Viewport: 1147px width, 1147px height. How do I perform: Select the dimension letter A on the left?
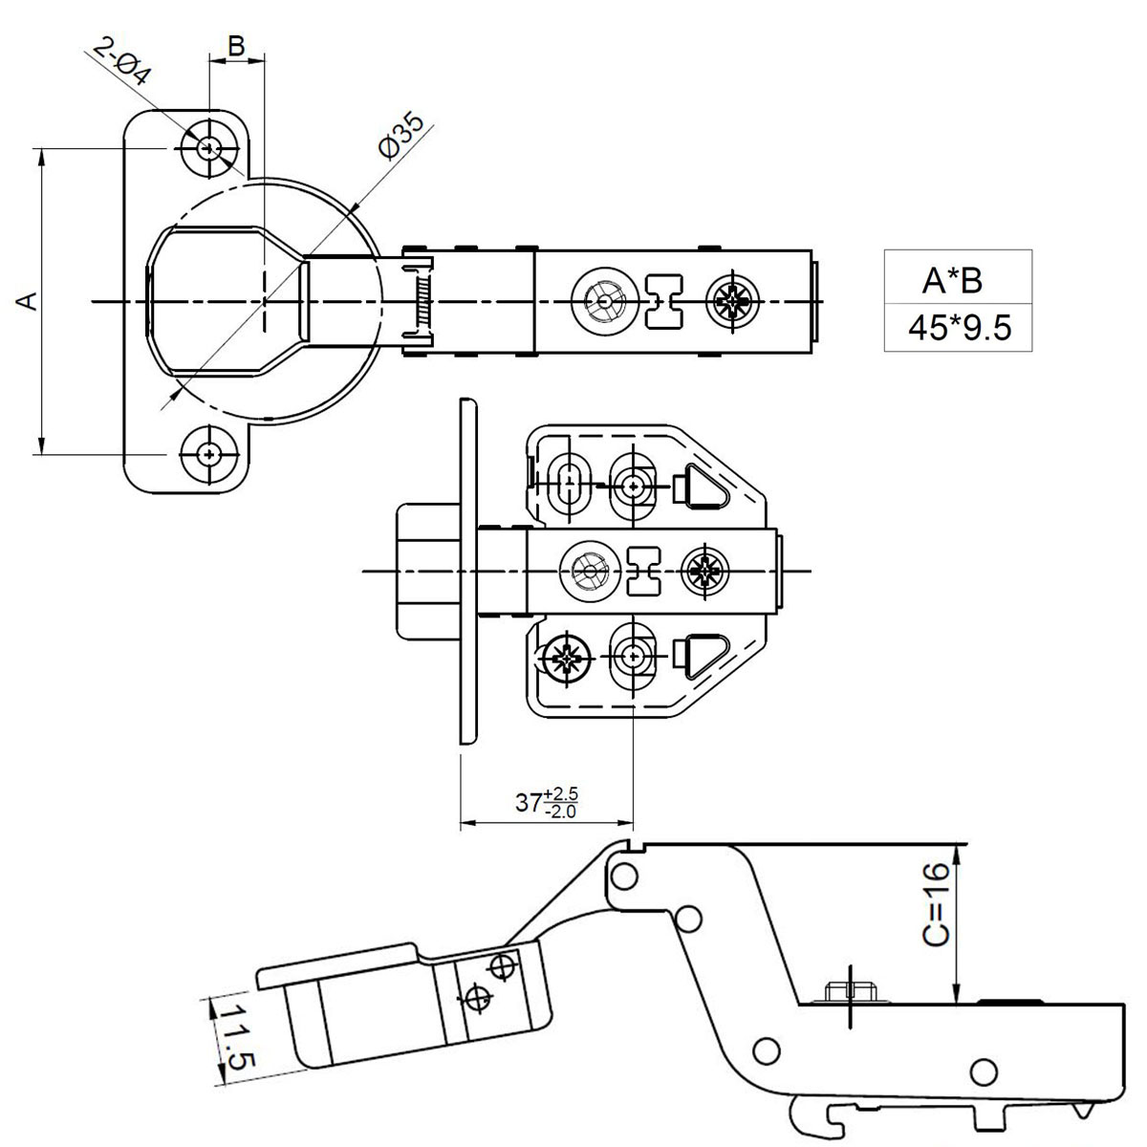click(x=28, y=300)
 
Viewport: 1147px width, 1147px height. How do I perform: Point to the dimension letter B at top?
click(x=236, y=44)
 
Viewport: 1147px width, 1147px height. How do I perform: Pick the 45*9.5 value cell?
click(x=959, y=328)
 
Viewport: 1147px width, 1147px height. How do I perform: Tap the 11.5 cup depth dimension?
click(x=231, y=1036)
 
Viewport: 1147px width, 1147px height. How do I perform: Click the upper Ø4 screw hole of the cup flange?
click(x=208, y=148)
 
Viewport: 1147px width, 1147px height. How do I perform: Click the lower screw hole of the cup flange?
click(x=208, y=452)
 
